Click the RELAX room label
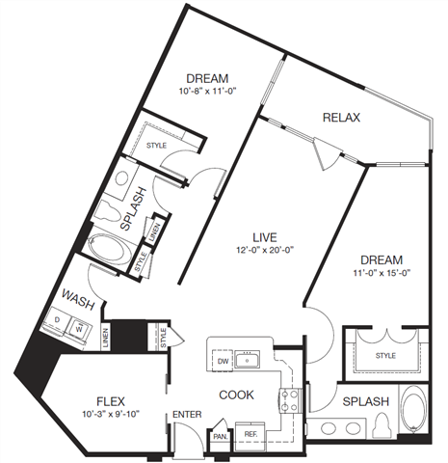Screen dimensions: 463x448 pos(341,118)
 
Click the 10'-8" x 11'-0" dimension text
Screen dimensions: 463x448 pos(206,93)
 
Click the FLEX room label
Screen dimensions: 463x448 pos(113,400)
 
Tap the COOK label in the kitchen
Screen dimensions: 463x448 pos(236,395)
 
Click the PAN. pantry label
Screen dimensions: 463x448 pos(219,437)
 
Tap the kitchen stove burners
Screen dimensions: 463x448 pos(287,395)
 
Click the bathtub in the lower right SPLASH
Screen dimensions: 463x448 pos(413,411)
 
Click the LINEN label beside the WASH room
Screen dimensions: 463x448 pos(105,339)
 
